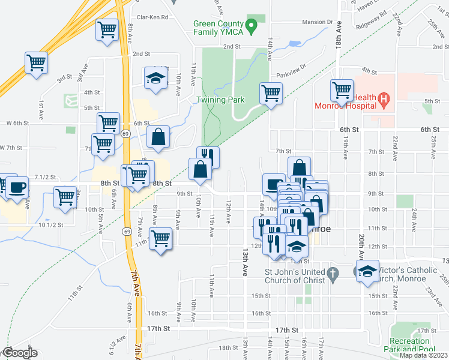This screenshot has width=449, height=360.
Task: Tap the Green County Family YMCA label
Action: (218, 28)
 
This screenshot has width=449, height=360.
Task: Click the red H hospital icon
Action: (385, 101)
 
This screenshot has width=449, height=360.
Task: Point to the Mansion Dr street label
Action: (318, 22)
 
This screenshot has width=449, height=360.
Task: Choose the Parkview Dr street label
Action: (291, 75)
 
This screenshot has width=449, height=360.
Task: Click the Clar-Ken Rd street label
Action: (152, 18)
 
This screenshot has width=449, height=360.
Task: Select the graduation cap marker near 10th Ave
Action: (155, 79)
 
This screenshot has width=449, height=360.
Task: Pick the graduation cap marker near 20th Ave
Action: (368, 271)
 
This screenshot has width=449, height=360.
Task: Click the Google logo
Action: (20, 353)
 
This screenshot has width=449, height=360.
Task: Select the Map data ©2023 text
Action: (423, 355)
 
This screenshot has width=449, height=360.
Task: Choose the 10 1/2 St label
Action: (50, 224)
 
